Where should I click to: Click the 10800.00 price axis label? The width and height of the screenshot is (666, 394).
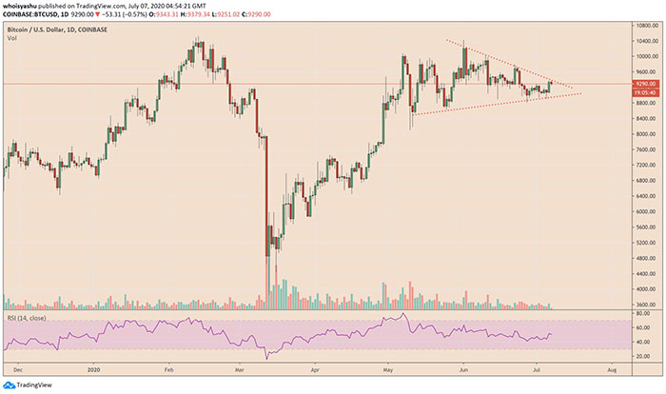coord(646,26)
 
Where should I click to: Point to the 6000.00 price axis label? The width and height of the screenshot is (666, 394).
coord(646,211)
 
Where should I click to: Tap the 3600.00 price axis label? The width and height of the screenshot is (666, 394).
coord(646,305)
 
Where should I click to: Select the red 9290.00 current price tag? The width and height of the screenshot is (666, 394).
coord(644,84)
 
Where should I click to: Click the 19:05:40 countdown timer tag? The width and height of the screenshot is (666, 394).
coord(644,92)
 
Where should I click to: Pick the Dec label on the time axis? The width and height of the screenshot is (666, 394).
coord(18,370)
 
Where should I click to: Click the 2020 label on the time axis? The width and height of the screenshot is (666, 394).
coord(93,370)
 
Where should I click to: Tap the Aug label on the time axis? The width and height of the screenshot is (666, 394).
coord(612,370)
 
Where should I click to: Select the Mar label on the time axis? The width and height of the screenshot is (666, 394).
coord(240,370)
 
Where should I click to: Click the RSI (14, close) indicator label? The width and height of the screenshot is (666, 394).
coord(27,318)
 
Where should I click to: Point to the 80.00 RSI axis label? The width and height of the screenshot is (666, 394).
coord(644,314)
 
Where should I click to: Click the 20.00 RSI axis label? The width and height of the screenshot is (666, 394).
coord(644,356)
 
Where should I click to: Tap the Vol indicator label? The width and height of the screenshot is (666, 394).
coord(11,38)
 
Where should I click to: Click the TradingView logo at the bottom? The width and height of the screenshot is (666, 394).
coord(28,385)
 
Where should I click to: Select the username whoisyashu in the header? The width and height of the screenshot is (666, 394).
coord(17,6)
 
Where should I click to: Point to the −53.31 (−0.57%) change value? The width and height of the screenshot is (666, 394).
coord(122,14)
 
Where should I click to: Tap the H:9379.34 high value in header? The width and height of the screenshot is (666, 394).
coord(202,14)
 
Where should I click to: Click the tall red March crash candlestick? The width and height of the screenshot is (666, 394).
coord(267,196)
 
